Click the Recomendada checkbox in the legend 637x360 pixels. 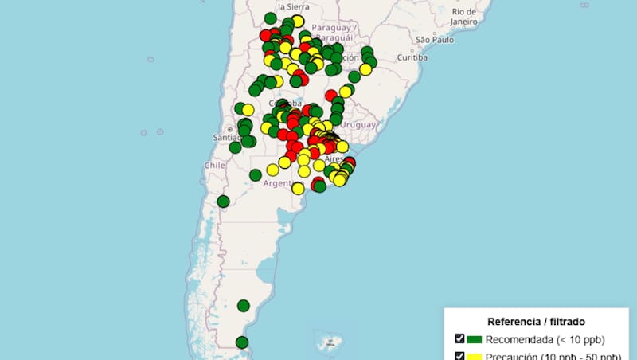pos(459,339)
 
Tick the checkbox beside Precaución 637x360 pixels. pos(459,356)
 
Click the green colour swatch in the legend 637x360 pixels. pos(475,339)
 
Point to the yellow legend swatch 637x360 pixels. pos(475,356)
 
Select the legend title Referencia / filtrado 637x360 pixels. pos(537,322)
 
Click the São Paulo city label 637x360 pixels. pos(433,39)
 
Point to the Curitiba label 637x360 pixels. pos(412,58)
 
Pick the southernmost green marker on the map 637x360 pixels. pos(242,342)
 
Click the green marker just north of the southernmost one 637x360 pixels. pos(243,305)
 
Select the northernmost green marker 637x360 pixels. pos(270,18)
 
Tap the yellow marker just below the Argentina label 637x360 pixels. pos(298,189)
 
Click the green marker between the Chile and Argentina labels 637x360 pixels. pos(255,175)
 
